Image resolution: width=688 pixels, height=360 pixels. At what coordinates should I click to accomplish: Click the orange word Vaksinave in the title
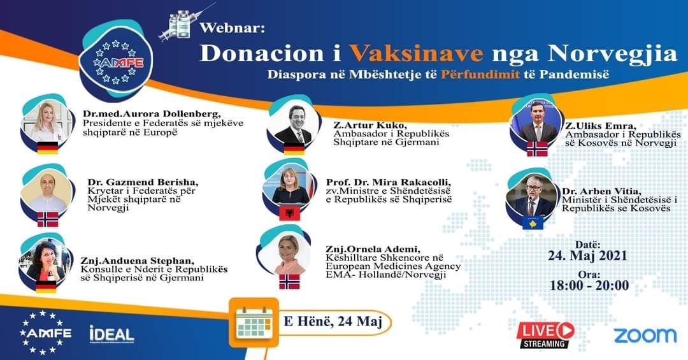pos(416,54)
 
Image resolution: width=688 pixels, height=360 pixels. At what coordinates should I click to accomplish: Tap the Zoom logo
pos(645,335)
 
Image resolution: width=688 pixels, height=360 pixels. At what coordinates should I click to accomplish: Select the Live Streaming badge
pos(545,335)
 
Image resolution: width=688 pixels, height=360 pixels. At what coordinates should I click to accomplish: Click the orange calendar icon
pos(254,322)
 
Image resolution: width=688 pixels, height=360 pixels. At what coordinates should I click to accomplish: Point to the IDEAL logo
pos(111,335)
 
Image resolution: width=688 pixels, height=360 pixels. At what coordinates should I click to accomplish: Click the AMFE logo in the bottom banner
pos(46,333)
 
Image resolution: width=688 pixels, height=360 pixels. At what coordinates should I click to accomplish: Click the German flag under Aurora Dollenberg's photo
pos(47,148)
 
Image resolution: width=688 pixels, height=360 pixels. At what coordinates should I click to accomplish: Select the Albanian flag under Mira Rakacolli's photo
pos(290,213)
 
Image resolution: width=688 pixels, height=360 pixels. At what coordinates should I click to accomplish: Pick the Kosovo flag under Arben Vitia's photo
pos(533,222)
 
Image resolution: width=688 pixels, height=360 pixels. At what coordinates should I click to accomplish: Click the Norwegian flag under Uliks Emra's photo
pos(537,149)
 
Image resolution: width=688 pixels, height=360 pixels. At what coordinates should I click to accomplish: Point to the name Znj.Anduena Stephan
pos(138,261)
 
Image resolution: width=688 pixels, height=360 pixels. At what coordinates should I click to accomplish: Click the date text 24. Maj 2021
pos(587,256)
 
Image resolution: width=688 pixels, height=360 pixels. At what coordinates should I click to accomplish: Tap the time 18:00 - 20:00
pos(589,285)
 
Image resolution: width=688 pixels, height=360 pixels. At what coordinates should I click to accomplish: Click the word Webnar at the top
pos(232,29)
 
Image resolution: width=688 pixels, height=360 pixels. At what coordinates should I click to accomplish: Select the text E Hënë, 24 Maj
pos(333,321)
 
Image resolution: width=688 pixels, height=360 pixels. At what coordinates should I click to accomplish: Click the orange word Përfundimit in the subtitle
pos(481,74)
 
